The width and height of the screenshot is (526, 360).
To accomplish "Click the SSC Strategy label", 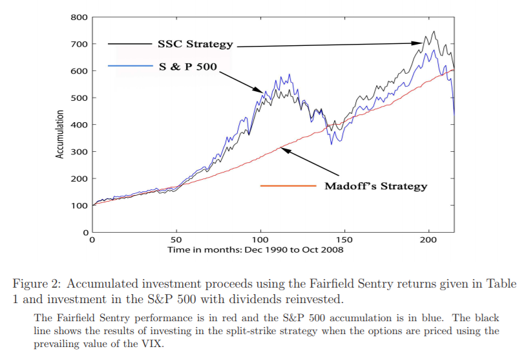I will coord(195,44).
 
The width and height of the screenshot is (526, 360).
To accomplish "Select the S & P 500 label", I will coord(187,67).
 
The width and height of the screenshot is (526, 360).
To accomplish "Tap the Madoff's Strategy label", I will coord(375,186).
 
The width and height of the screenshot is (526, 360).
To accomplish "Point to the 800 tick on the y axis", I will coord(79,17).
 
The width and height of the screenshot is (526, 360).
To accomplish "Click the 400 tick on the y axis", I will coord(79,124).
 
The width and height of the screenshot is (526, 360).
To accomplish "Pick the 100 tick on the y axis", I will coord(79,205).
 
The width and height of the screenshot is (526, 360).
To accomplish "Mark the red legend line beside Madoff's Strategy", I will coord(288,186).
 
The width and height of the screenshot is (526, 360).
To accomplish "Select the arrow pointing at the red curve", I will coord(310,162).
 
